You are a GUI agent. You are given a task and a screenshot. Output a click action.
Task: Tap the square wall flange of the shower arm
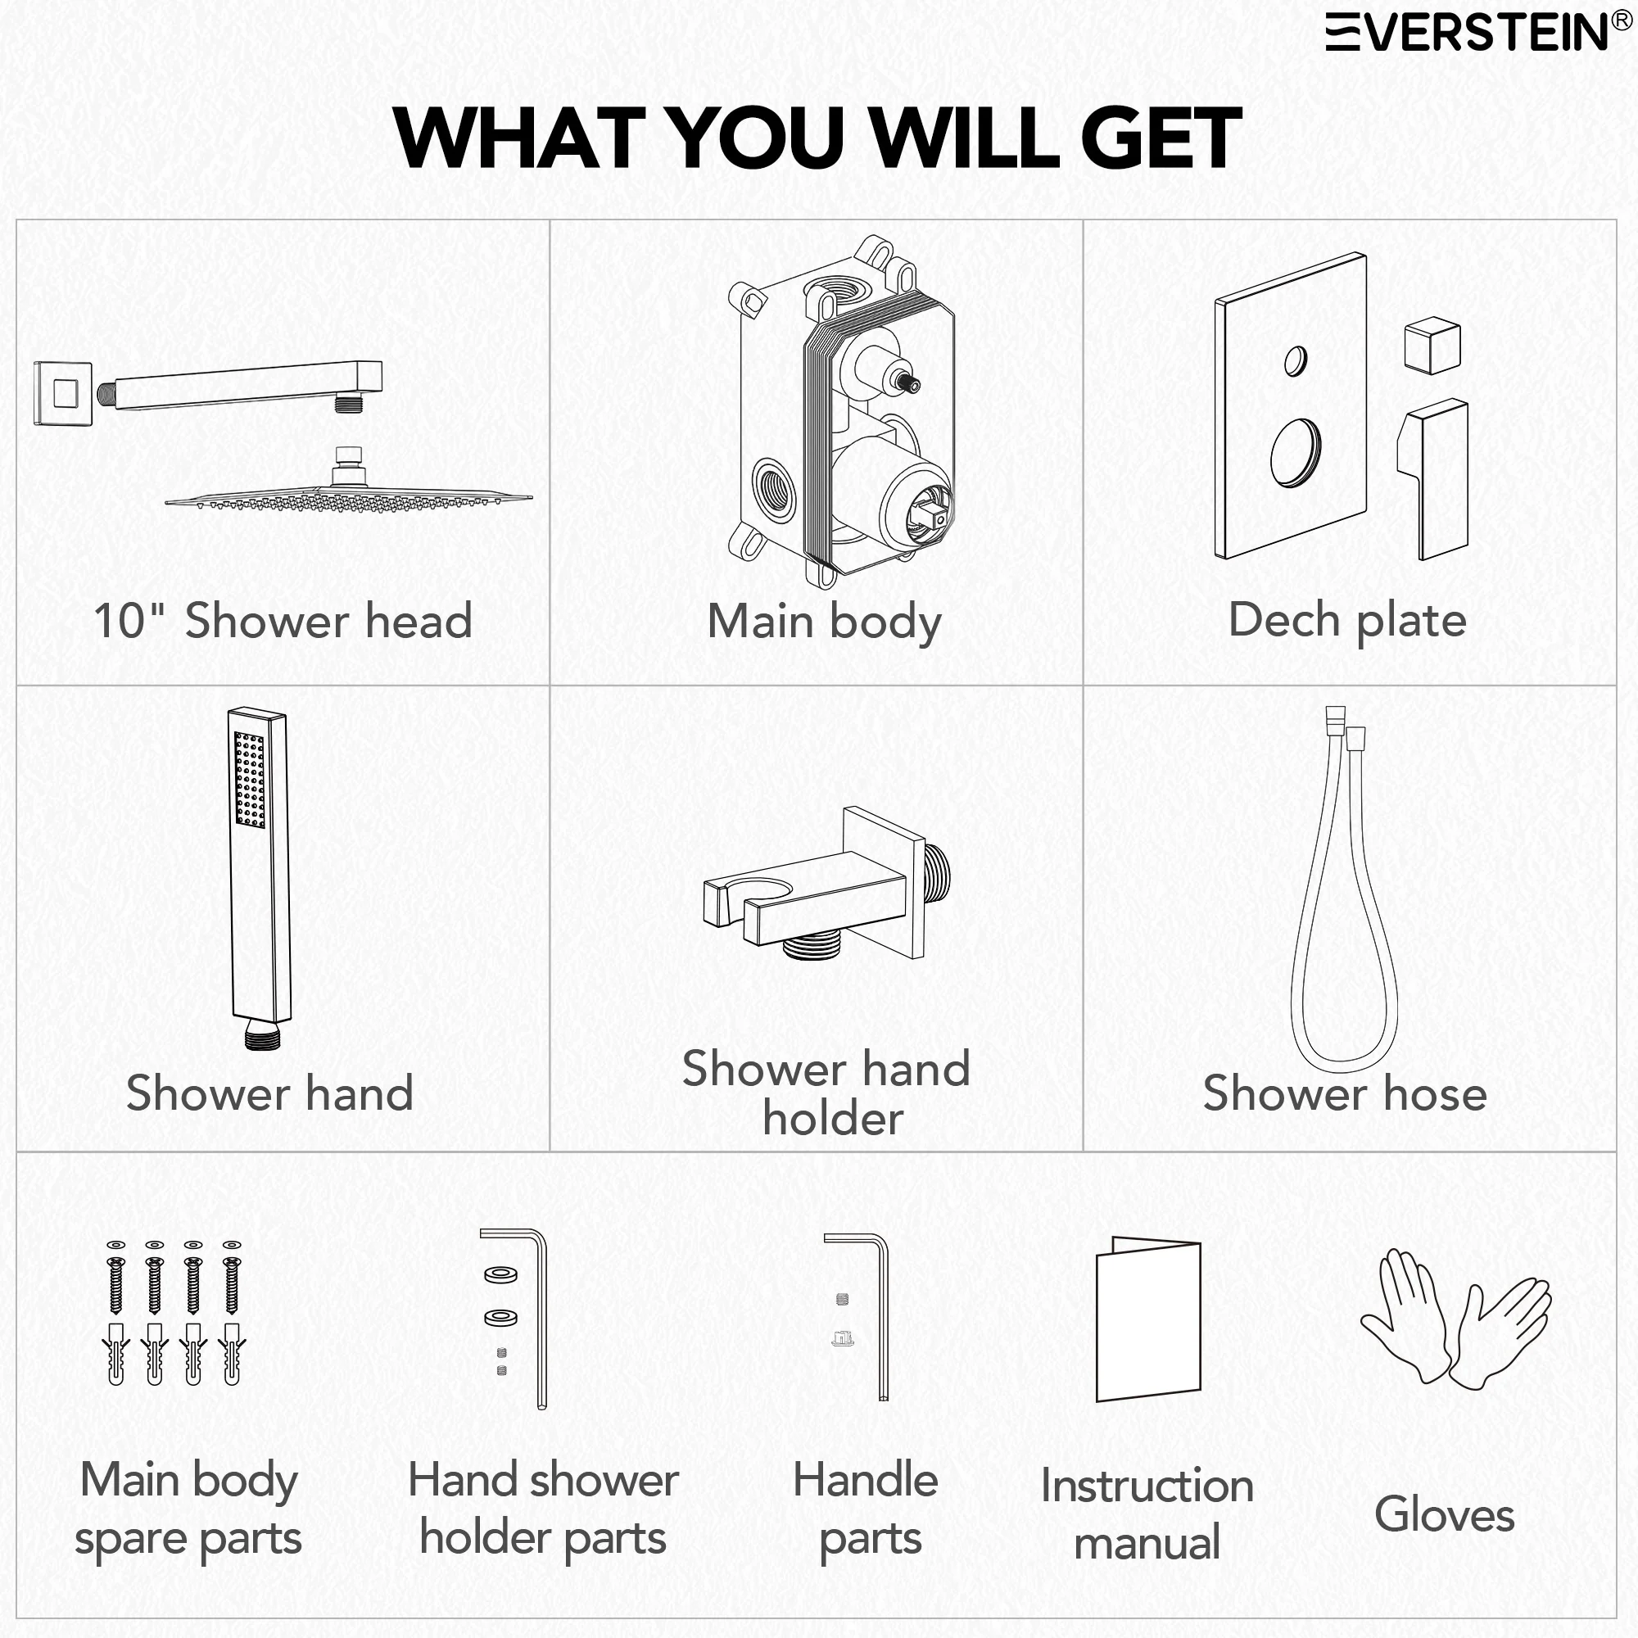pos(63,393)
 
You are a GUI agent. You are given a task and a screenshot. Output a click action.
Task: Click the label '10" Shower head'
pos(283,621)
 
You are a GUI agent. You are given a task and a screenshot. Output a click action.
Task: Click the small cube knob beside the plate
pos(1432,345)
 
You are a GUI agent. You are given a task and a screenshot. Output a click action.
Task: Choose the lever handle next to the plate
pos(1432,480)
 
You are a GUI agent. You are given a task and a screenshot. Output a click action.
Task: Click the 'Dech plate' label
pos(1347,621)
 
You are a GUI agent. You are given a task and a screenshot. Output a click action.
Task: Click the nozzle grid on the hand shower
pos(249,780)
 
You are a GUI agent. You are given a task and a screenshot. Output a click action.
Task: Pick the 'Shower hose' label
pos(1345,1093)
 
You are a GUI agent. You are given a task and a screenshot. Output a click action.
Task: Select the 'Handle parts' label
pos(867,1510)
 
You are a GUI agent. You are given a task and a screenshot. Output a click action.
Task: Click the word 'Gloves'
pos(1445,1514)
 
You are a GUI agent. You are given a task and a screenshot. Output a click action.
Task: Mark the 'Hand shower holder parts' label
pos(544,1510)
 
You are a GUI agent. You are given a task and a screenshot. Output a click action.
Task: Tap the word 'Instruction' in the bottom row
pos(1147,1486)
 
